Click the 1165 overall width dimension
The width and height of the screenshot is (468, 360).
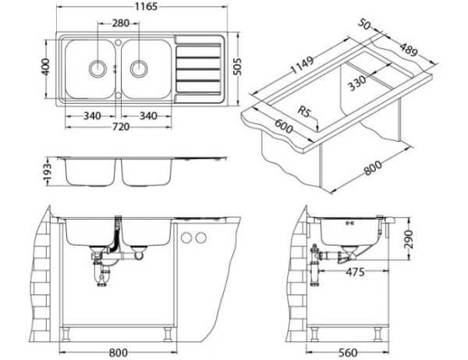[141, 7]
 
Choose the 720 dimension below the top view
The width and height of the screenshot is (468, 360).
[119, 126]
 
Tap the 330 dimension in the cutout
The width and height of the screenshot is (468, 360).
[358, 83]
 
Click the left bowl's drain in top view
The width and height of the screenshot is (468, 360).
[97, 67]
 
